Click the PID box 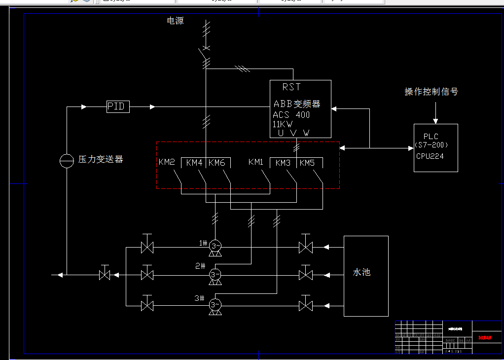pos(118,107)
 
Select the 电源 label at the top pos(175,21)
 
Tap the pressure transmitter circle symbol pos(66,160)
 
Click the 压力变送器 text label pos(101,159)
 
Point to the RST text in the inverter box pos(291,87)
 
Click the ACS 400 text pos(291,115)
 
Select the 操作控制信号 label pos(431,92)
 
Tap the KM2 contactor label pos(167,162)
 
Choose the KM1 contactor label pos(256,162)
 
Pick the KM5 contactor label pos(307,163)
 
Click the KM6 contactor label pos(216,163)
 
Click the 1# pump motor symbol pos(215,246)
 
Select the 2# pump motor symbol pos(215,274)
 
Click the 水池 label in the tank pos(361,272)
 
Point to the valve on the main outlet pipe pos(104,275)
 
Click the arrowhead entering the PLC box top pos(435,120)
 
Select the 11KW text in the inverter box pos(282,124)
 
